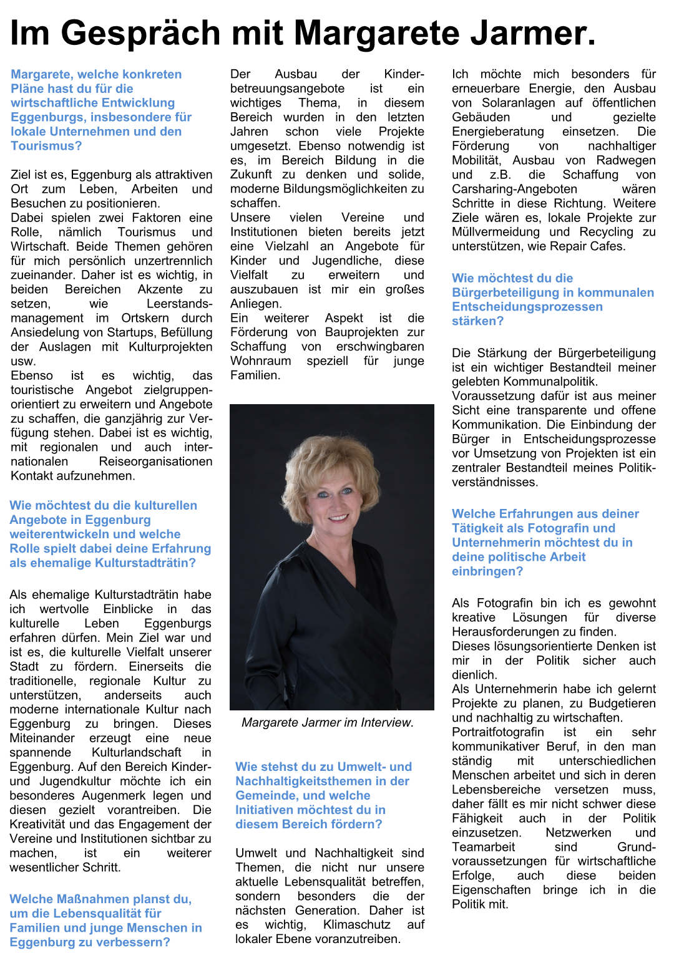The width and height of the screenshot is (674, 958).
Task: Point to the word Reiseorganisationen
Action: [155, 462]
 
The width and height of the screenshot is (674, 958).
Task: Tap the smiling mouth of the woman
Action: [338, 517]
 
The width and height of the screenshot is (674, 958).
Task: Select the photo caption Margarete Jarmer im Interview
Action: [328, 722]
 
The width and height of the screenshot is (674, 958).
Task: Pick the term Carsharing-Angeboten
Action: [514, 188]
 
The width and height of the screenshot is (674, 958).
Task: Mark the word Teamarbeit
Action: [483, 846]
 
